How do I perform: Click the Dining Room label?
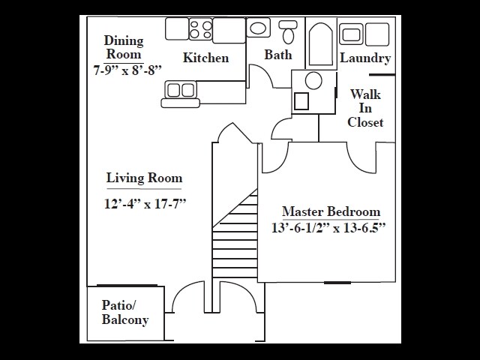coord(124,47)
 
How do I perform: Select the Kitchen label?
coord(205,58)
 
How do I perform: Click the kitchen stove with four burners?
coord(200,29)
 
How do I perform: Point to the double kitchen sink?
coord(180,90)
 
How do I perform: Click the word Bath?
coord(278,55)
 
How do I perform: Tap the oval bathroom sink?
coord(258,28)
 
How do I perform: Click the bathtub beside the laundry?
coord(320,45)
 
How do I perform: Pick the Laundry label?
coord(365,58)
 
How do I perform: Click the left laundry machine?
coord(352,34)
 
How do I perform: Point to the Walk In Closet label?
coord(365,108)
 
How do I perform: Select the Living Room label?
coord(144,178)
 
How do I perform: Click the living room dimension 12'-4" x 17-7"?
coord(144,203)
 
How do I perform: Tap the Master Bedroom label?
coord(331,211)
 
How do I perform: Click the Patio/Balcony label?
coord(125,313)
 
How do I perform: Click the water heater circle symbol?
coord(314,80)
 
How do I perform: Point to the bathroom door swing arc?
coord(259,76)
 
